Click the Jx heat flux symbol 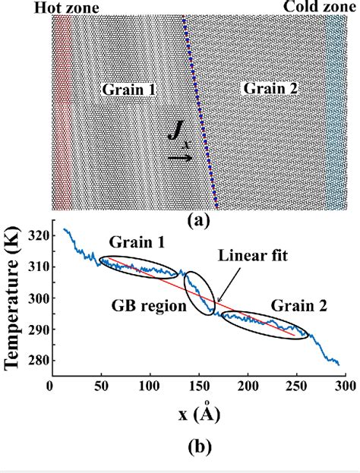[x=178, y=139]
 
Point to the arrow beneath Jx [x=180, y=158]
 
